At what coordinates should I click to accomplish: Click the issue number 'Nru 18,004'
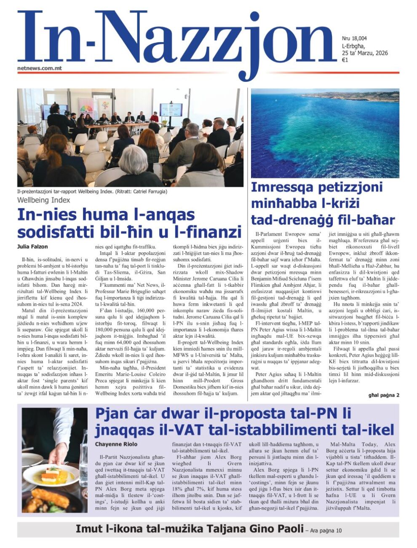[354, 38]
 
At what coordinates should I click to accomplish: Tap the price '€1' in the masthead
[345, 60]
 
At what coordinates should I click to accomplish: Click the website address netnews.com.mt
[40, 67]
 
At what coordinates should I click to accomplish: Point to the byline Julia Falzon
[32, 246]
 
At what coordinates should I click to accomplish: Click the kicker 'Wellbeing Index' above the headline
[43, 200]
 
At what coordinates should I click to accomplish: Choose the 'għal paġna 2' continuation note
[383, 395]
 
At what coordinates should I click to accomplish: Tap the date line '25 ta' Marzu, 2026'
[365, 53]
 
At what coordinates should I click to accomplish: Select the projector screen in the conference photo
[171, 110]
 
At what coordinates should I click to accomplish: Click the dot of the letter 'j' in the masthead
[254, 17]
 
